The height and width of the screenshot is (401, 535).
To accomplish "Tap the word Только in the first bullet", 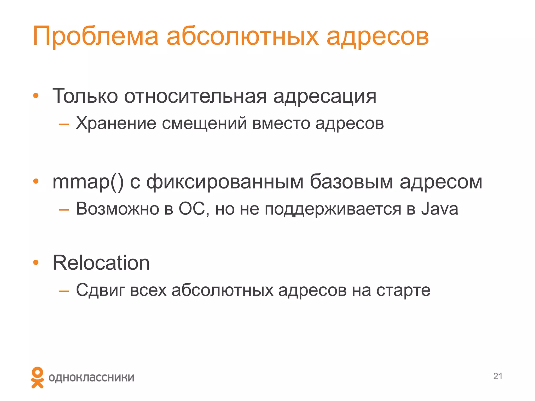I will coord(85,96).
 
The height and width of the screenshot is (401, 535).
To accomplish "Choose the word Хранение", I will coord(116,123).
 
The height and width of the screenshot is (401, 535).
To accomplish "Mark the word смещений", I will coord(204,123).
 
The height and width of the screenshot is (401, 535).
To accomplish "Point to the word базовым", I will coord(351,181).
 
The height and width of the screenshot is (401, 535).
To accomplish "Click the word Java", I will coord(440,209).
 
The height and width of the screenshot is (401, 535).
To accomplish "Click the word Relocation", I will coord(101,263).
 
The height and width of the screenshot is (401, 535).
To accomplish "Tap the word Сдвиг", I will coord(100,290).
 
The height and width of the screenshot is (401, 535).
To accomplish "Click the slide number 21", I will coord(498,376).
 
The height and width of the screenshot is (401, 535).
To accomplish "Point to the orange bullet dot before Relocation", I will coord(36,263).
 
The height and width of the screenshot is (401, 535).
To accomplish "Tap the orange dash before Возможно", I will coord(64,209).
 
